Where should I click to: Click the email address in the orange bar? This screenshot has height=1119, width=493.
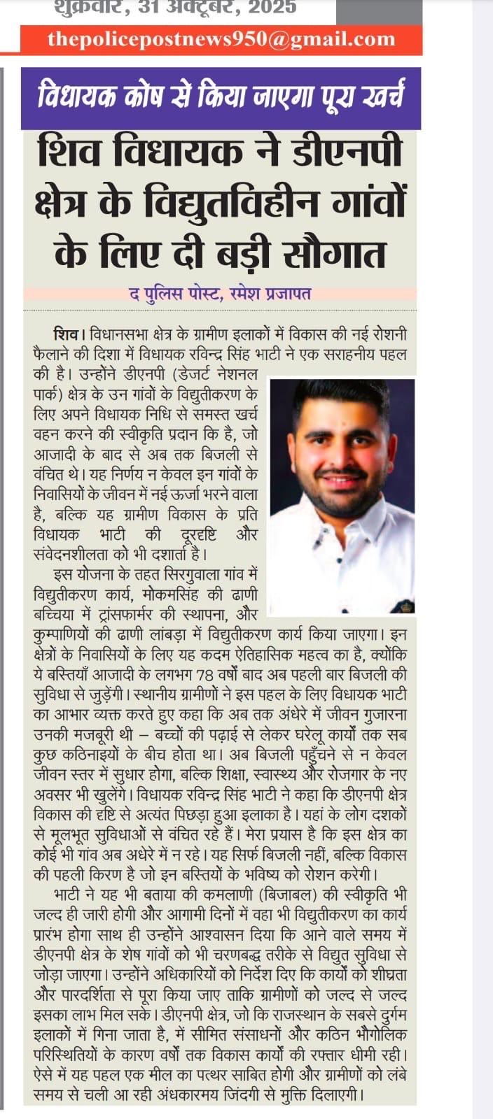click(x=221, y=40)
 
